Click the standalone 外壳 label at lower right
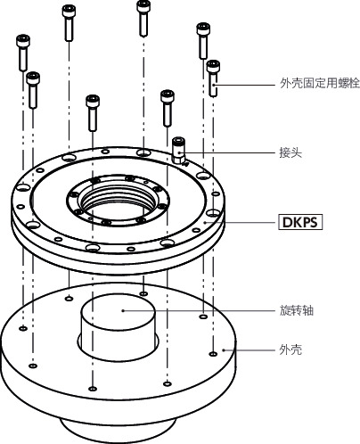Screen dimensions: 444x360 (x=290, y=350)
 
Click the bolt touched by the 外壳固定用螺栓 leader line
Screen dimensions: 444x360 (x=213, y=78)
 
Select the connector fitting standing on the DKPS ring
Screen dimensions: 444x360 (x=179, y=151)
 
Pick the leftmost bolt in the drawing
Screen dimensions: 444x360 (x=23, y=53)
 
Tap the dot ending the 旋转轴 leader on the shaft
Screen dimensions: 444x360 (x=124, y=311)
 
